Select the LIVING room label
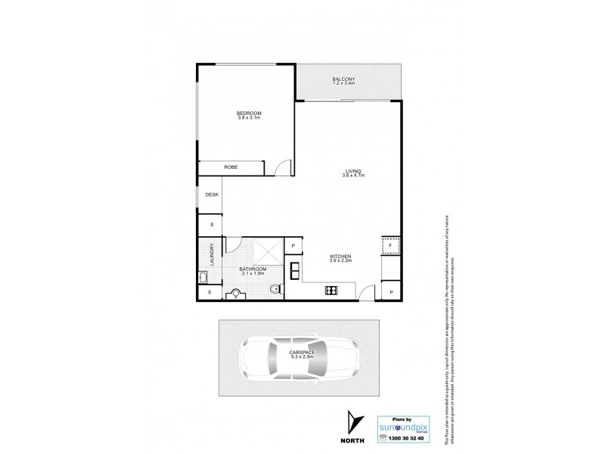point(354,173)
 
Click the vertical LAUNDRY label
point(213,253)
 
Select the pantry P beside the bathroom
point(293,245)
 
